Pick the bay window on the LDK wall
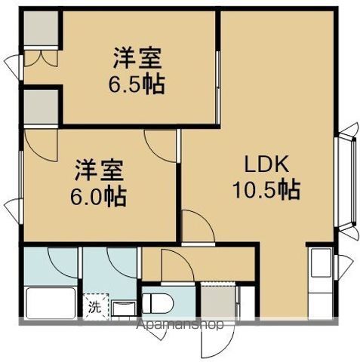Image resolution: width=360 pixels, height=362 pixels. [345, 180]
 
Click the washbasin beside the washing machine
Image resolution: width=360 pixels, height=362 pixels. [122, 307]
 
